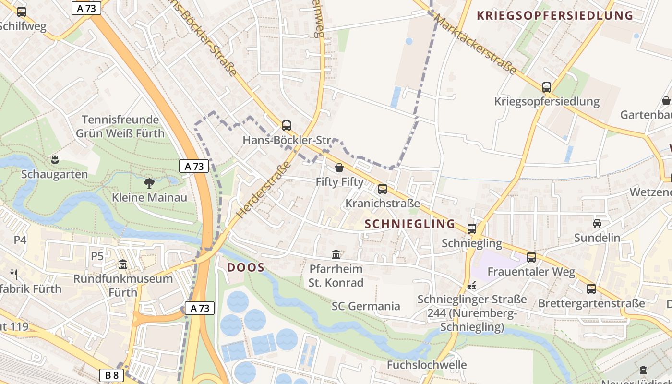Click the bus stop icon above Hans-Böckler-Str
pos(287,126)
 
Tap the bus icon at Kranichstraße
pos(383,189)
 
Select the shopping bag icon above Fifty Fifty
pos(339,168)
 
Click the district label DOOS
pos(246,267)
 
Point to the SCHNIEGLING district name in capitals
pos(410,224)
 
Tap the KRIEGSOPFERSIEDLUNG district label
pos(555,15)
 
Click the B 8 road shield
pos(112,375)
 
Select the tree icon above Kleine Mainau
pos(149,183)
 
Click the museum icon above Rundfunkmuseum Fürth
pos(123,264)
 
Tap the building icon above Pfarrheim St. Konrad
pos(336,254)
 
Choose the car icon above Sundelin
pos(597,224)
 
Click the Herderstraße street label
pos(264,190)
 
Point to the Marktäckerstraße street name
pos(475,44)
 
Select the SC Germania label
pos(366,306)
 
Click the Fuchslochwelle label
pos(427,365)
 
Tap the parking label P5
pos(97,256)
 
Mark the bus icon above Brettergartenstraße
pos(591,289)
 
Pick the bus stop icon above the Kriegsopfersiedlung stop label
pos(547,87)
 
